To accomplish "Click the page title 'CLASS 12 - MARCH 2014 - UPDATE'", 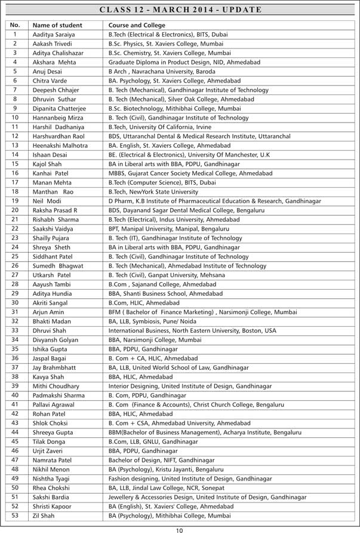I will point(180,10).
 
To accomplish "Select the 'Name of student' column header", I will point(57,26).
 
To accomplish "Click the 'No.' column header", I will point(15,25).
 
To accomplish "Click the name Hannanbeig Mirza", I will point(58,118).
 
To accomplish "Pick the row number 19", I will point(15,201).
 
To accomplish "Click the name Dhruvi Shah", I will point(49,330).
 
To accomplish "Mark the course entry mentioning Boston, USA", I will point(192,330).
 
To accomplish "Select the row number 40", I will point(15,395).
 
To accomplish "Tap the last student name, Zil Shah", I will point(44,516).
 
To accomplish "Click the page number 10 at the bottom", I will point(180,528).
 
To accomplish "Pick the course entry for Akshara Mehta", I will point(188,63).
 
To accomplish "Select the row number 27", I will point(15,275).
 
